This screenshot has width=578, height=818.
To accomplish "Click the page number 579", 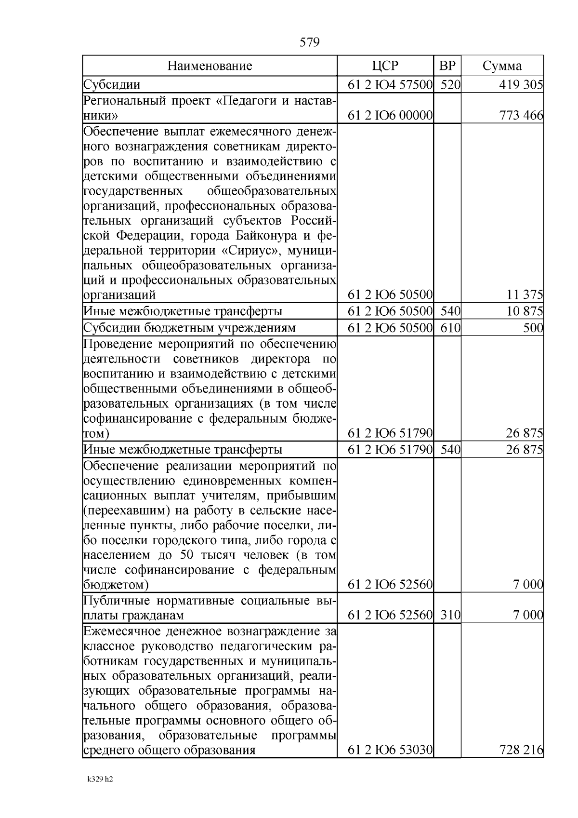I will click(x=309, y=42).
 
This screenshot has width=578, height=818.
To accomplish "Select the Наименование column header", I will click(x=210, y=66).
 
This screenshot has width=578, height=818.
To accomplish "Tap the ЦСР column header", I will click(x=385, y=66).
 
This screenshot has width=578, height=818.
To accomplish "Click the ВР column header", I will click(x=447, y=66).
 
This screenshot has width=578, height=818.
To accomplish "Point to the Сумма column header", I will click(x=502, y=66).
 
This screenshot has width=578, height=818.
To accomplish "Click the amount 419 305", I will click(x=521, y=85).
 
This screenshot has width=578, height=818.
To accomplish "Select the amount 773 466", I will click(x=521, y=116).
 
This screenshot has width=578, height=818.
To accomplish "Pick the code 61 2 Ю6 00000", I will click(x=390, y=116).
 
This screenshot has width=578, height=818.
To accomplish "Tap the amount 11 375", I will click(x=525, y=295).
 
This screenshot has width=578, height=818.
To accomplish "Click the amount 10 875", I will click(x=525, y=311).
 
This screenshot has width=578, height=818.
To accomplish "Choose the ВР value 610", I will click(x=450, y=328).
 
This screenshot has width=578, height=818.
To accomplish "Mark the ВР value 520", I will click(x=450, y=85).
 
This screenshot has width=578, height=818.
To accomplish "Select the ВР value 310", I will click(x=450, y=616).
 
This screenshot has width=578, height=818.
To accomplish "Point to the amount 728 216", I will click(x=521, y=751).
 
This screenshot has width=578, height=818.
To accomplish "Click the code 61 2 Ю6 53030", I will click(x=390, y=751).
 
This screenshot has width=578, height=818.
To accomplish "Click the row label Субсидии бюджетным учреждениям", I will click(x=189, y=328).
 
